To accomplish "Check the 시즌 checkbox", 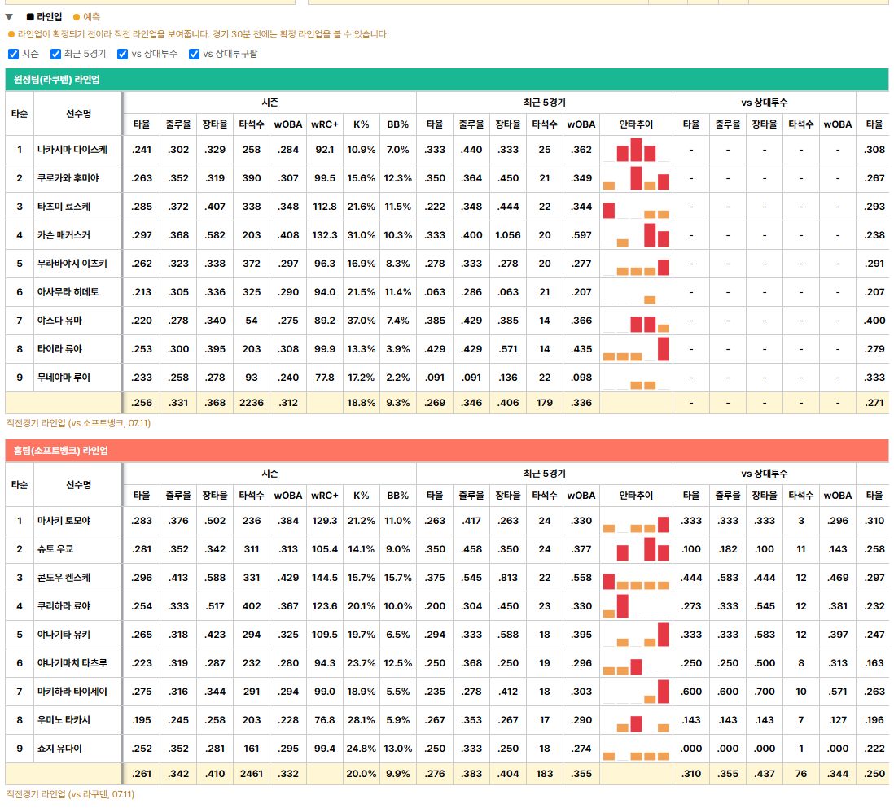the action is point(14,55).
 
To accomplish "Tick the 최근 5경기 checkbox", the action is point(56,55).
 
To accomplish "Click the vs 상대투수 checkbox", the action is point(123,55).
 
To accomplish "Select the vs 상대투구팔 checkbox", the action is point(195,55).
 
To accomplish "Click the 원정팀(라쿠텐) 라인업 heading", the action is point(56,80).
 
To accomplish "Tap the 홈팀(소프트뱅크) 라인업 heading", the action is point(60,451).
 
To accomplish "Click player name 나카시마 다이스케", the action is point(72,150).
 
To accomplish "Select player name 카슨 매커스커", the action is point(64,235).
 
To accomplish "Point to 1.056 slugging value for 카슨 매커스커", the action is point(508,235).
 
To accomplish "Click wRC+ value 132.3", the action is point(325,235).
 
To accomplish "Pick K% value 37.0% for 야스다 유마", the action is point(362,321).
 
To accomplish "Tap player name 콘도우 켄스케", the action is point(64,578).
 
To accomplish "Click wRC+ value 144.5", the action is point(325,578).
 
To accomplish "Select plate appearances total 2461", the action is point(252,774).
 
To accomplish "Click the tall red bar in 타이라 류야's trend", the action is point(664,349).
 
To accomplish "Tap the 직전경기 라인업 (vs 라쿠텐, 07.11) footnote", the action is point(71,794).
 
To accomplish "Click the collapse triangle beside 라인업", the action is point(9,17).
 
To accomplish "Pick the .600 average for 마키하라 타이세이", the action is point(691,692).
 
